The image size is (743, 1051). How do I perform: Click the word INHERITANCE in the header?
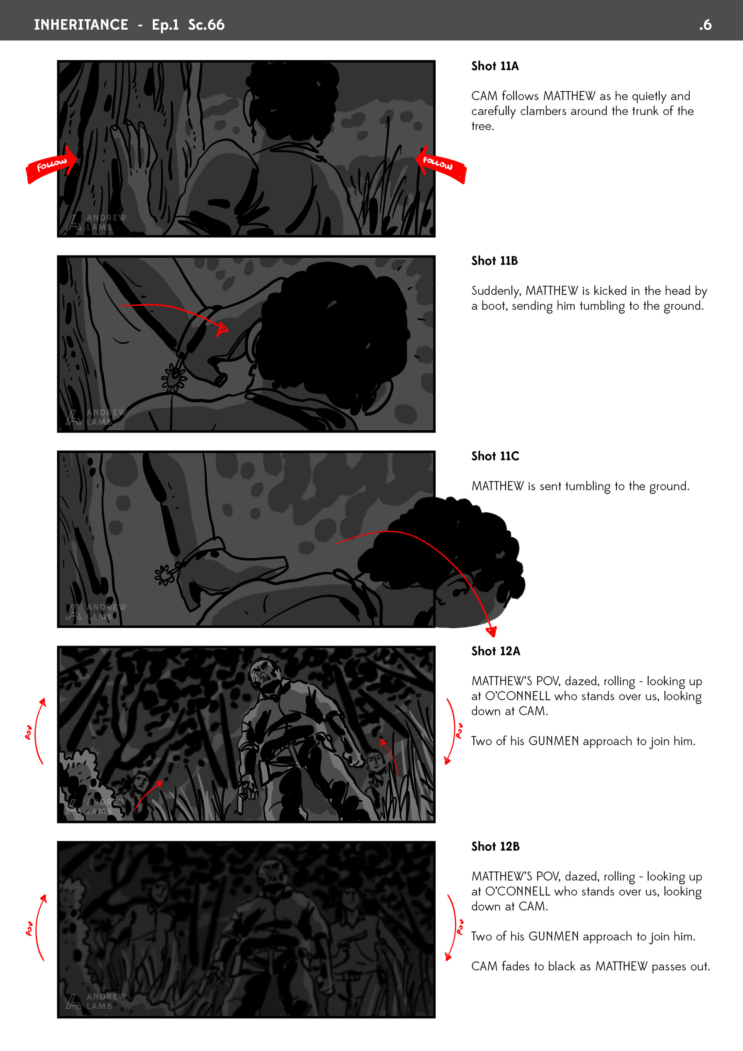(x=81, y=25)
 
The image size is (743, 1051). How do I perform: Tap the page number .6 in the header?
(x=705, y=25)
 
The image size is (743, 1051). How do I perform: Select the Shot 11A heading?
(x=495, y=66)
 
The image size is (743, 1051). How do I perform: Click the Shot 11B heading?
(x=495, y=261)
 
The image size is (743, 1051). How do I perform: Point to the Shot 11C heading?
(x=495, y=456)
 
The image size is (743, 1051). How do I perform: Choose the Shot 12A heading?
(x=496, y=651)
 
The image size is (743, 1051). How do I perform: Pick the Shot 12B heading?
(x=495, y=846)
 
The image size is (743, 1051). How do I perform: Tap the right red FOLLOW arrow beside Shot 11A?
(x=440, y=164)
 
